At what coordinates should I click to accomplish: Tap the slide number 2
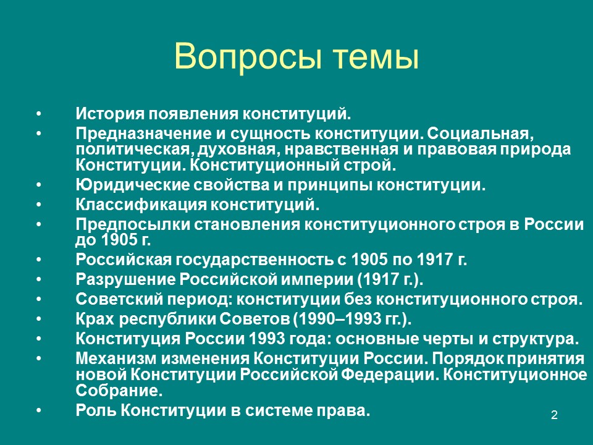click(x=554, y=415)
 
